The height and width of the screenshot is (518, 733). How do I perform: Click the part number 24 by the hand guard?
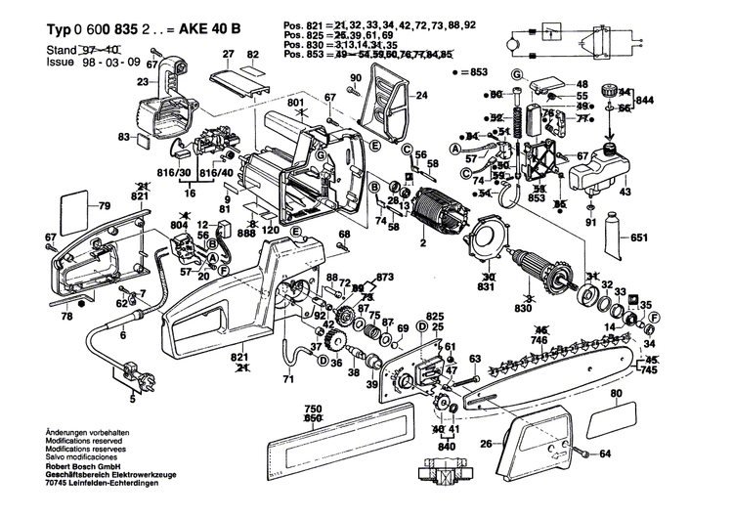(422, 96)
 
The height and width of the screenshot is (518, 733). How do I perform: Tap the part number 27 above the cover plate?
(228, 53)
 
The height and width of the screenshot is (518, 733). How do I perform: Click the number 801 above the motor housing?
(296, 103)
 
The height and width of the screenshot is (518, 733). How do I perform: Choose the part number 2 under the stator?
(422, 242)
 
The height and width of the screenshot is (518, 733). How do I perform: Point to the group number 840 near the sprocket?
(446, 446)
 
